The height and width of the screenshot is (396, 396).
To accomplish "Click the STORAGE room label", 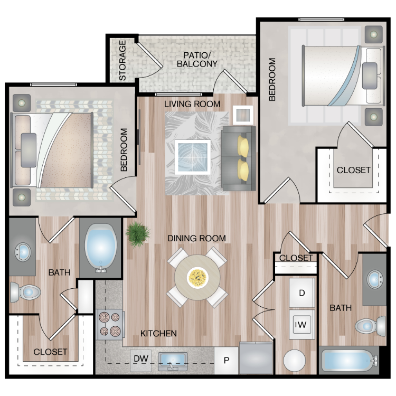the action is [x=122, y=60].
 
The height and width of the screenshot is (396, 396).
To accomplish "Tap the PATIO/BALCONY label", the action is [x=197, y=59].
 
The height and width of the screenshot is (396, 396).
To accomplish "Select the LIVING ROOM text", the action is [x=192, y=104].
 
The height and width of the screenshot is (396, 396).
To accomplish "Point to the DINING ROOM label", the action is [x=197, y=238].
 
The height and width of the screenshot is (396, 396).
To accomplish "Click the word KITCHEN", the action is [x=158, y=333].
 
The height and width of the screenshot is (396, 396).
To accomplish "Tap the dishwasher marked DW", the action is [x=141, y=361].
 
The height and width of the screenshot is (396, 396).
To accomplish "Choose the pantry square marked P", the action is [x=227, y=361].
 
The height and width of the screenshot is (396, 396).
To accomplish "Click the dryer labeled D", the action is [x=302, y=293].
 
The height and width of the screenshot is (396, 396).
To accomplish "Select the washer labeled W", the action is [x=302, y=325].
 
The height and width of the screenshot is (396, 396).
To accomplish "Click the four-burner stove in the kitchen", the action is [x=111, y=325].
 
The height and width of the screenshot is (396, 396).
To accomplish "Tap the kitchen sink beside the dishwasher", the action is [x=173, y=361].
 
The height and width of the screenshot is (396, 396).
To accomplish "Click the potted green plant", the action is [x=138, y=234].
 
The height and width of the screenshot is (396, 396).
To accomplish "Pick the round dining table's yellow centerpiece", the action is [x=198, y=278].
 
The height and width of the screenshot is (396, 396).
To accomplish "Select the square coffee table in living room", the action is [x=192, y=157].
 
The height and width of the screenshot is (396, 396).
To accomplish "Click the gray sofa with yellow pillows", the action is [x=239, y=158].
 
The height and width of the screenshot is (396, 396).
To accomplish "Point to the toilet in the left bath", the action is [x=25, y=293].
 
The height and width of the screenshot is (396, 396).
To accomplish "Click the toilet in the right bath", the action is [x=370, y=326].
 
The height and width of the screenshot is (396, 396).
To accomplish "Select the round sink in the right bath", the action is [x=374, y=279].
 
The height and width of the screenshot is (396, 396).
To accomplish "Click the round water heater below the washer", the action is [x=294, y=361].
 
